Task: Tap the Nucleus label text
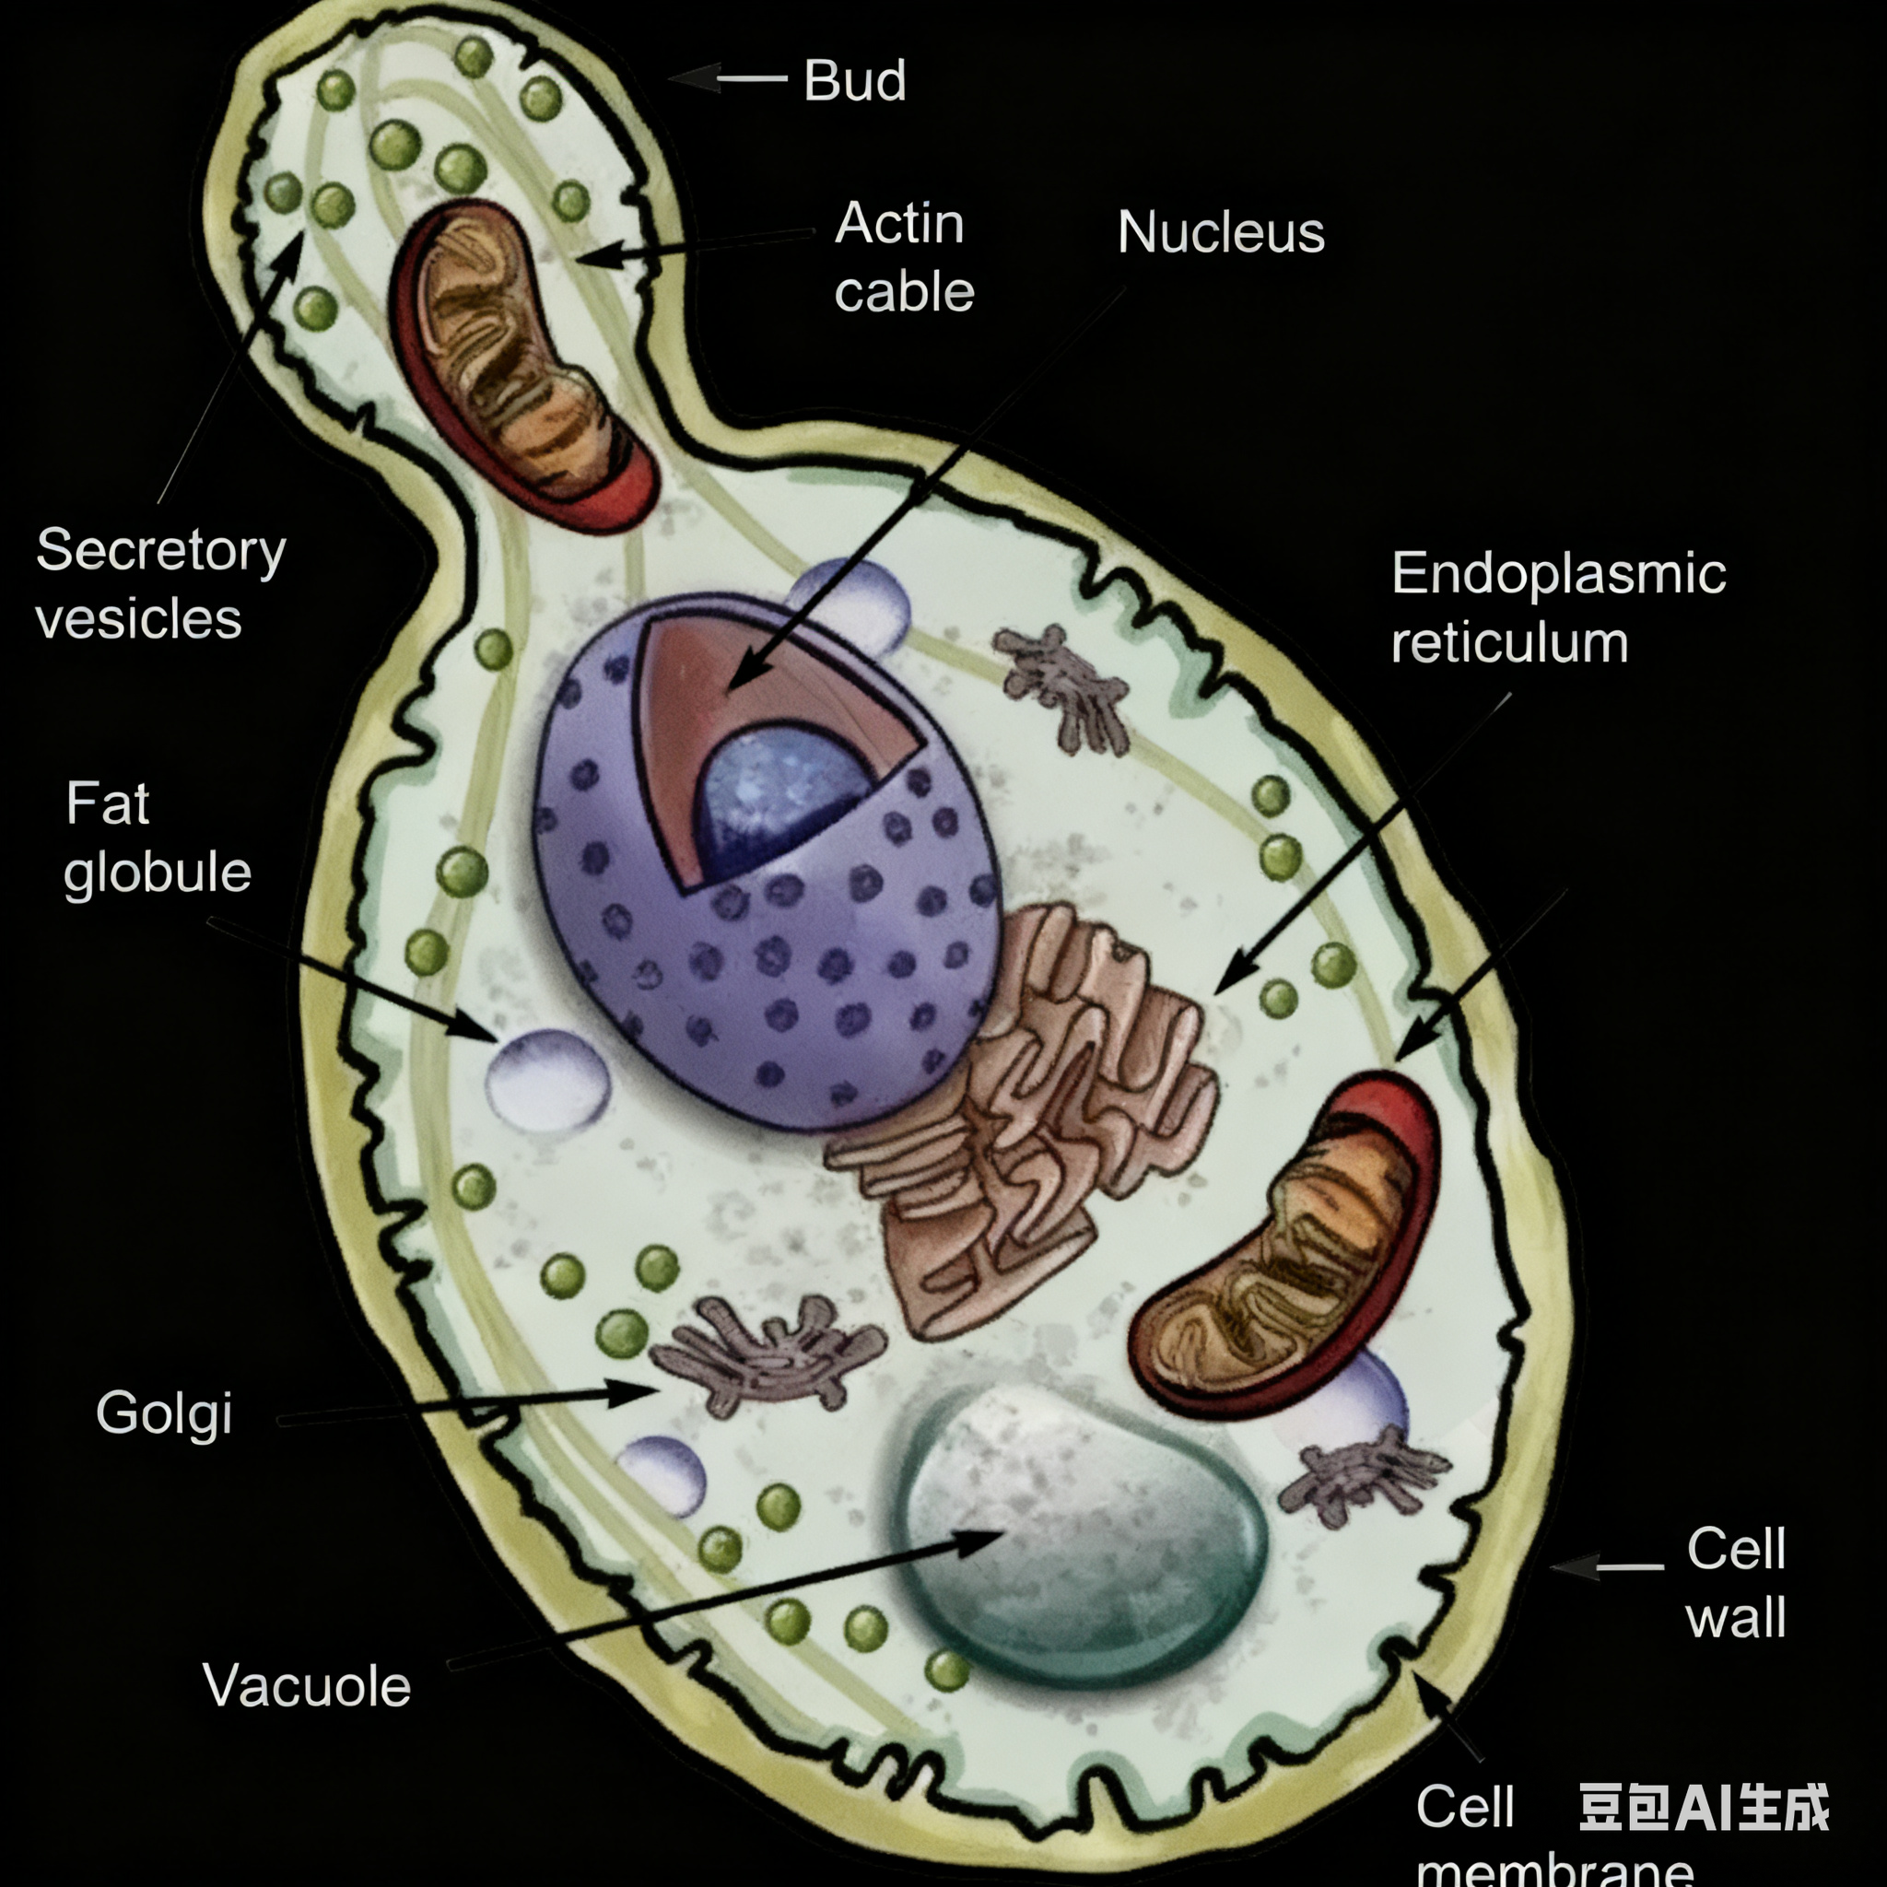pos(1220,232)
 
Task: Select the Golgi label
pos(164,1413)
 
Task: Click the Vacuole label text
pos(307,1687)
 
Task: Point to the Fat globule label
pos(157,838)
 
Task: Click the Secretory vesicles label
pos(160,584)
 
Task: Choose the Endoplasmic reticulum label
pos(1558,607)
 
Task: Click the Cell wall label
pos(1736,1582)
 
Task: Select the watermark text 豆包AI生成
pos(1704,1807)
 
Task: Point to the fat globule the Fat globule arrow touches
pos(547,1079)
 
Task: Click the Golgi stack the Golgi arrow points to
pos(767,1353)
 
